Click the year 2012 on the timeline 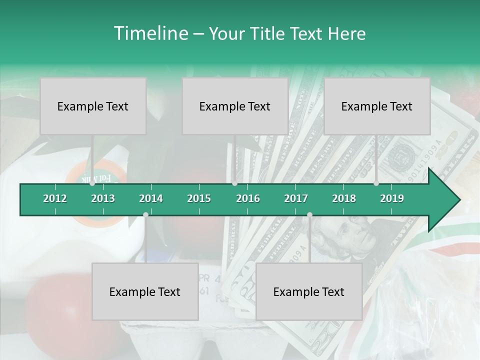(x=55, y=198)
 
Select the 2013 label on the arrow (x=103, y=198)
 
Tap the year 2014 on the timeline (x=151, y=198)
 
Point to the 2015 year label (x=199, y=198)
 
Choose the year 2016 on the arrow (x=248, y=198)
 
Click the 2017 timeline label (x=296, y=198)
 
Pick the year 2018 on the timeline (x=344, y=198)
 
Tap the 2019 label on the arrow (x=392, y=198)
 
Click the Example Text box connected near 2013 (x=93, y=106)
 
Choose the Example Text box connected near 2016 (x=235, y=106)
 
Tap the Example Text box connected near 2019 (x=377, y=106)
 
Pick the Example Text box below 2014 (x=145, y=291)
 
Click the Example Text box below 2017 (x=309, y=291)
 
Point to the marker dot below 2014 (x=145, y=214)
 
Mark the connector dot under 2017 (x=309, y=214)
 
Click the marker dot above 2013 (x=92, y=183)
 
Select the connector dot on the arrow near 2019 (x=376, y=183)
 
